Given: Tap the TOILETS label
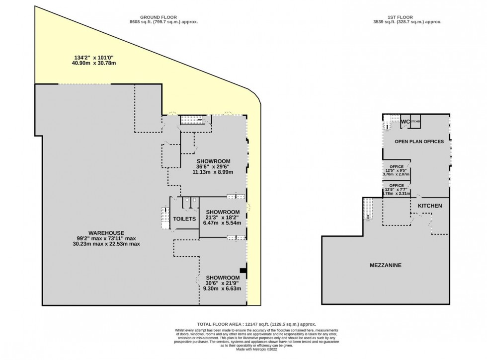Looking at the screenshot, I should pos(184,218).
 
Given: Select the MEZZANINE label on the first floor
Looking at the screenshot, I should pos(385,265).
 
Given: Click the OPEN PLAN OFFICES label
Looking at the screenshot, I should pos(419,142).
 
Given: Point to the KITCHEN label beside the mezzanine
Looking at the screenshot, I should pos(429,205).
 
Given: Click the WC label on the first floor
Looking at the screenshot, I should pos(405,122).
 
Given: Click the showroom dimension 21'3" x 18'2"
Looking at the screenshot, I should pos(223,217).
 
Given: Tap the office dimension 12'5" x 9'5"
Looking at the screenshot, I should pos(396,170).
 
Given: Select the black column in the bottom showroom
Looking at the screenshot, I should pos(243,271).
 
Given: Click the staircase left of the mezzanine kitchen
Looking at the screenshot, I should pos(368,209).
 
